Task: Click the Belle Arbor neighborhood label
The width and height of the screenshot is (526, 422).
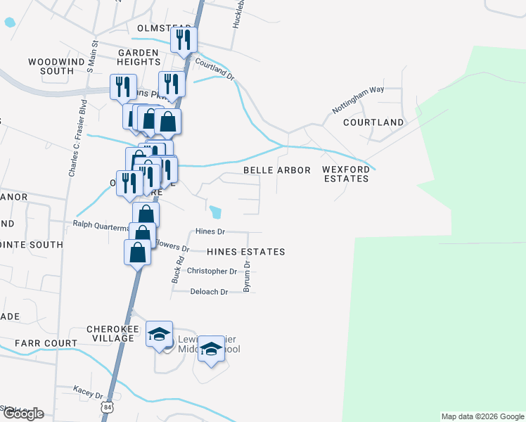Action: click(x=276, y=171)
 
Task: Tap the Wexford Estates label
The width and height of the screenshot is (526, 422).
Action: click(x=345, y=174)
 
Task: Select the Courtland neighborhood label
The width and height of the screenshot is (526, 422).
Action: click(x=373, y=122)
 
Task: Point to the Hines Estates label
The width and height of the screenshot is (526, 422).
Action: click(x=246, y=252)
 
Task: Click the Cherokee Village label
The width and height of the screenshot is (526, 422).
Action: click(x=110, y=333)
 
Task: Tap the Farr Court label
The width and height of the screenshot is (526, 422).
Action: click(x=46, y=343)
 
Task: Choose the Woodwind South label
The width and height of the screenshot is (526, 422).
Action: click(x=56, y=67)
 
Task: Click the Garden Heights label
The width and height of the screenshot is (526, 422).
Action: click(x=139, y=58)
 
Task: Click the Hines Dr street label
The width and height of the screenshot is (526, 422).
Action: click(x=210, y=231)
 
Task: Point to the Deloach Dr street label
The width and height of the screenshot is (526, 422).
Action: click(x=210, y=292)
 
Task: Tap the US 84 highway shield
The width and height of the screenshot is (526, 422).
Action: click(x=106, y=407)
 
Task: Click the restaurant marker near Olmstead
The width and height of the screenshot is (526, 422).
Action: click(x=184, y=40)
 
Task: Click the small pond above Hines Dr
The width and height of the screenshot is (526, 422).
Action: click(x=216, y=211)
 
